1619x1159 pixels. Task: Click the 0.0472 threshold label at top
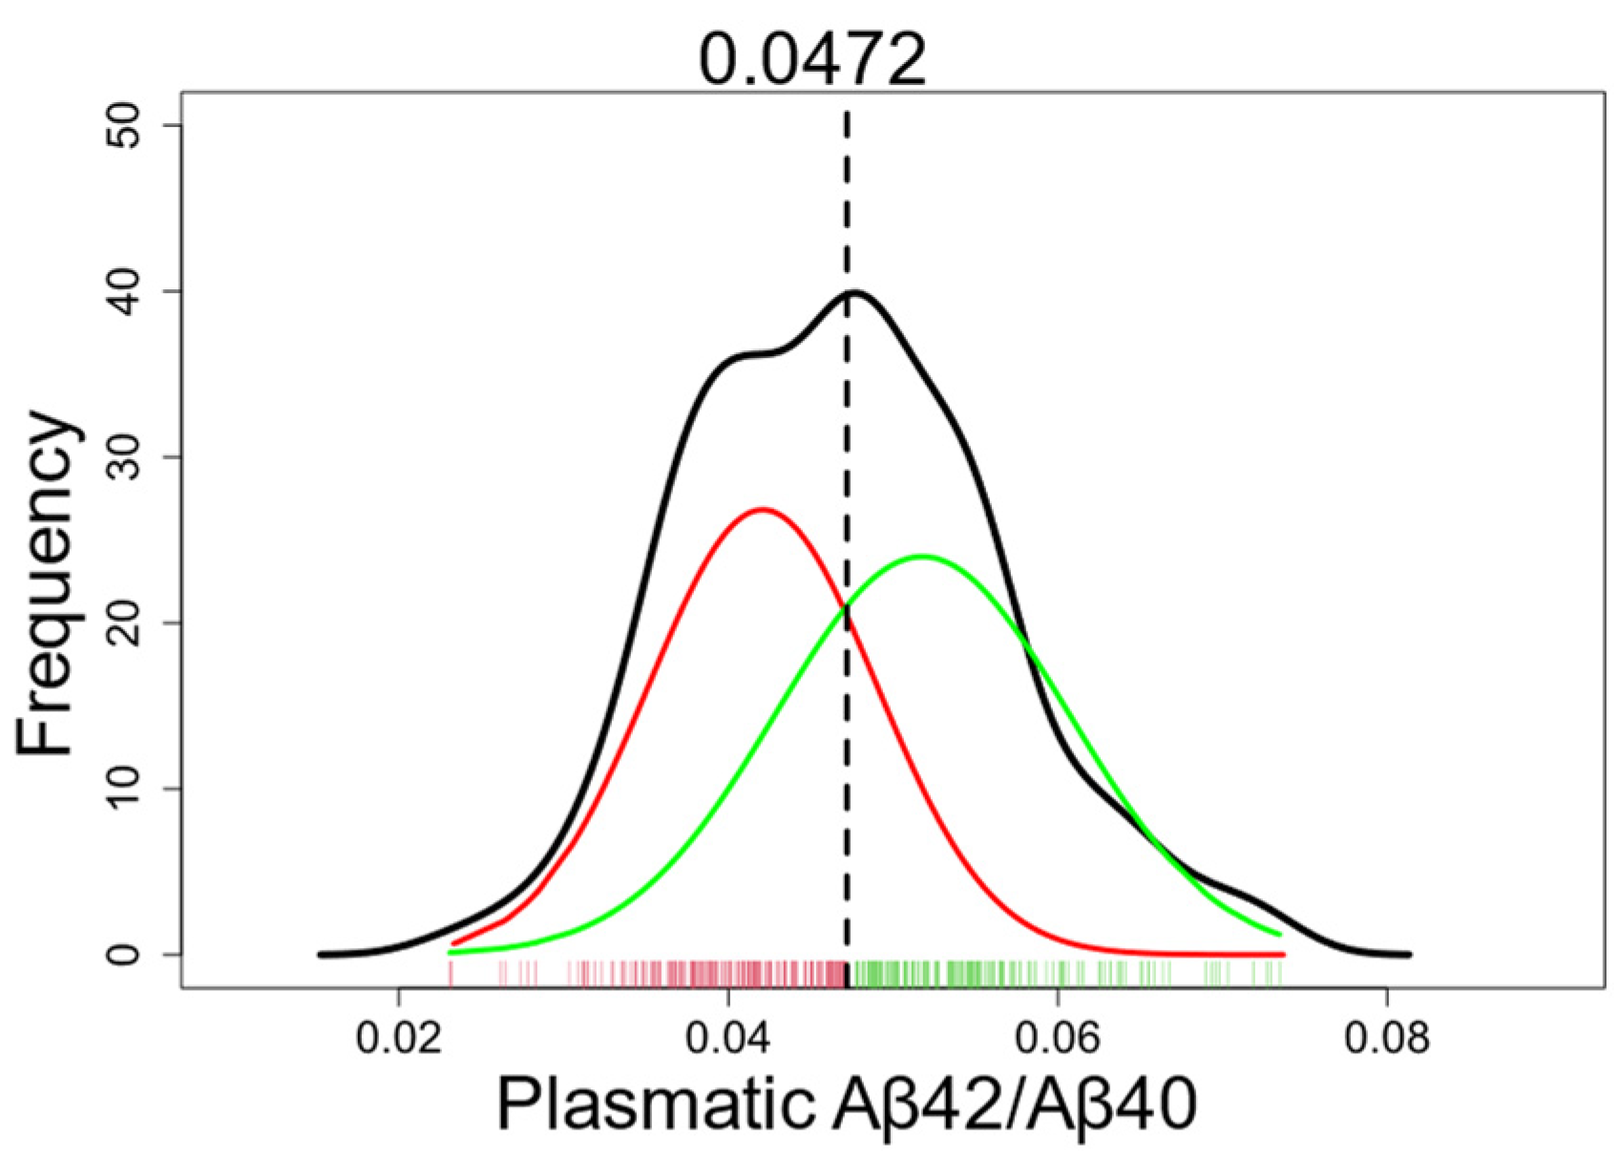(812, 59)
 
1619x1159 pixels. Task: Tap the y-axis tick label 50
(123, 126)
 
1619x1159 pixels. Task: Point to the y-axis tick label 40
(123, 291)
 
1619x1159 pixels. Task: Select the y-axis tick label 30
(123, 457)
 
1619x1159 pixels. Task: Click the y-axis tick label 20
(123, 623)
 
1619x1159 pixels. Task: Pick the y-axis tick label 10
(123, 789)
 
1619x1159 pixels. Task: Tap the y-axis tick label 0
(123, 955)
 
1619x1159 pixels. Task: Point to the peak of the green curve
(921, 556)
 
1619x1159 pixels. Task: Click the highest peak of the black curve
(854, 292)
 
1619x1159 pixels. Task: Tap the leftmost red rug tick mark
(451, 973)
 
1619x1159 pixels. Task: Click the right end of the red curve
(1283, 954)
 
